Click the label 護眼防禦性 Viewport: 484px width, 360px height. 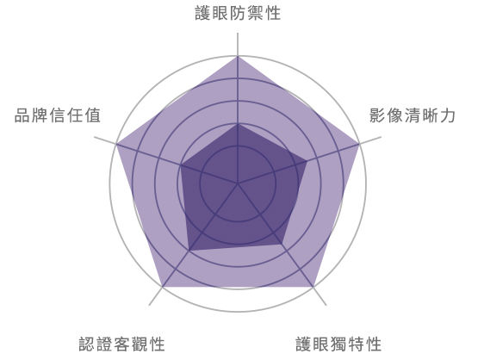point(238,13)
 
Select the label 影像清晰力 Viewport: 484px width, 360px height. point(413,115)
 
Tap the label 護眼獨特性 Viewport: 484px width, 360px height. point(338,344)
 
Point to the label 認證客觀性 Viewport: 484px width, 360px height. point(121,344)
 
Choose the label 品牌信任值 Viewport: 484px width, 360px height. point(58,115)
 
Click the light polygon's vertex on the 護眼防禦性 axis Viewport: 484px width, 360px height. point(238,56)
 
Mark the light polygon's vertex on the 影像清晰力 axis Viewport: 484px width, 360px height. point(359,144)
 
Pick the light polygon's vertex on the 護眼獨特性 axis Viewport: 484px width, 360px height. point(313,287)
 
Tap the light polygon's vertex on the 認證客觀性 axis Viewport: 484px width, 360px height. point(163,287)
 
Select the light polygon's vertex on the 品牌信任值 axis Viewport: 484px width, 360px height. point(116,144)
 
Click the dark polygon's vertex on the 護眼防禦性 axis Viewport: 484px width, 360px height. point(238,124)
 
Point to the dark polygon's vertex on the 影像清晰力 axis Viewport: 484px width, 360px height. point(307,161)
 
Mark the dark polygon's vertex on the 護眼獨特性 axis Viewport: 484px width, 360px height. point(282,244)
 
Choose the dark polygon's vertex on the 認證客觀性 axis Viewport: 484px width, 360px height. point(189,250)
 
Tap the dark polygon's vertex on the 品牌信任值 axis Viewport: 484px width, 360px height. point(181,165)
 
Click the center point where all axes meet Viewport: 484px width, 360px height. point(238,183)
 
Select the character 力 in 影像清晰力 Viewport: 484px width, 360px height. point(447,115)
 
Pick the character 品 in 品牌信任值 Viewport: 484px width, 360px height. point(23,115)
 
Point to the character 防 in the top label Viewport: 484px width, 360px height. point(238,13)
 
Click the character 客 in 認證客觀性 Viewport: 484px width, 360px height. point(121,344)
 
